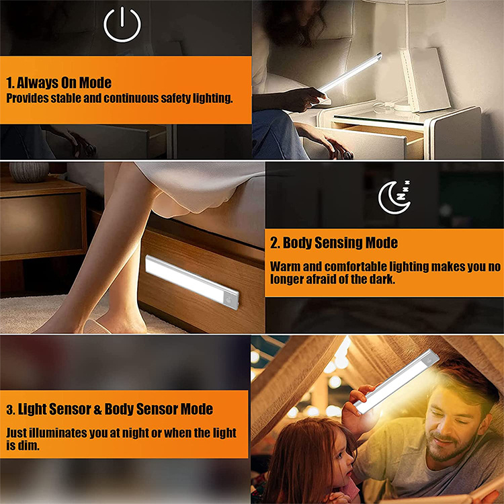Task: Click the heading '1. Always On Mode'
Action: pyautogui.click(x=59, y=83)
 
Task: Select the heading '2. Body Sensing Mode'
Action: pyautogui.click(x=333, y=243)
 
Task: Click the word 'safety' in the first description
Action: pyautogui.click(x=175, y=98)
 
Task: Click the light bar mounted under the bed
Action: pyautogui.click(x=192, y=282)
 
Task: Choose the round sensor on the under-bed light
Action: pyautogui.click(x=228, y=300)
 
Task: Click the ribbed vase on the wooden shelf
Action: pyautogui.click(x=29, y=172)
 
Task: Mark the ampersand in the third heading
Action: pyautogui.click(x=97, y=409)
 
